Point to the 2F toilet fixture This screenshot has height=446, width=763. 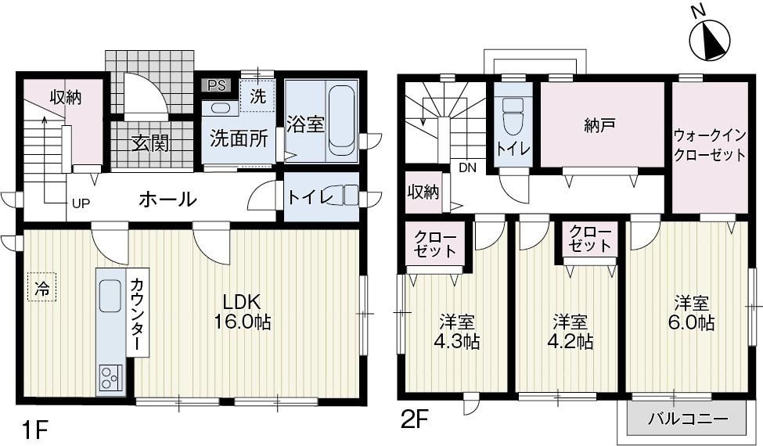click(512, 117)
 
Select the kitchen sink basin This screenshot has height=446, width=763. click(110, 297)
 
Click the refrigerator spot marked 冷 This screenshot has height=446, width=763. click(42, 287)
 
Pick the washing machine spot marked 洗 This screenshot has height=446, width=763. click(257, 95)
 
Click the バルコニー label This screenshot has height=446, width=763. click(688, 419)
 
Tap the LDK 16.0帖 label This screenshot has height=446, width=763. click(243, 311)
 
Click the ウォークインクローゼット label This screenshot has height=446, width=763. click(710, 145)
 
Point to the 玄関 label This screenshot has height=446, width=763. click(151, 143)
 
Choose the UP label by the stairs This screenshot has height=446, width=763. click(81, 203)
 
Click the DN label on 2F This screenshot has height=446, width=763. click(467, 168)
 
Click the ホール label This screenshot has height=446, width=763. click(168, 199)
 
